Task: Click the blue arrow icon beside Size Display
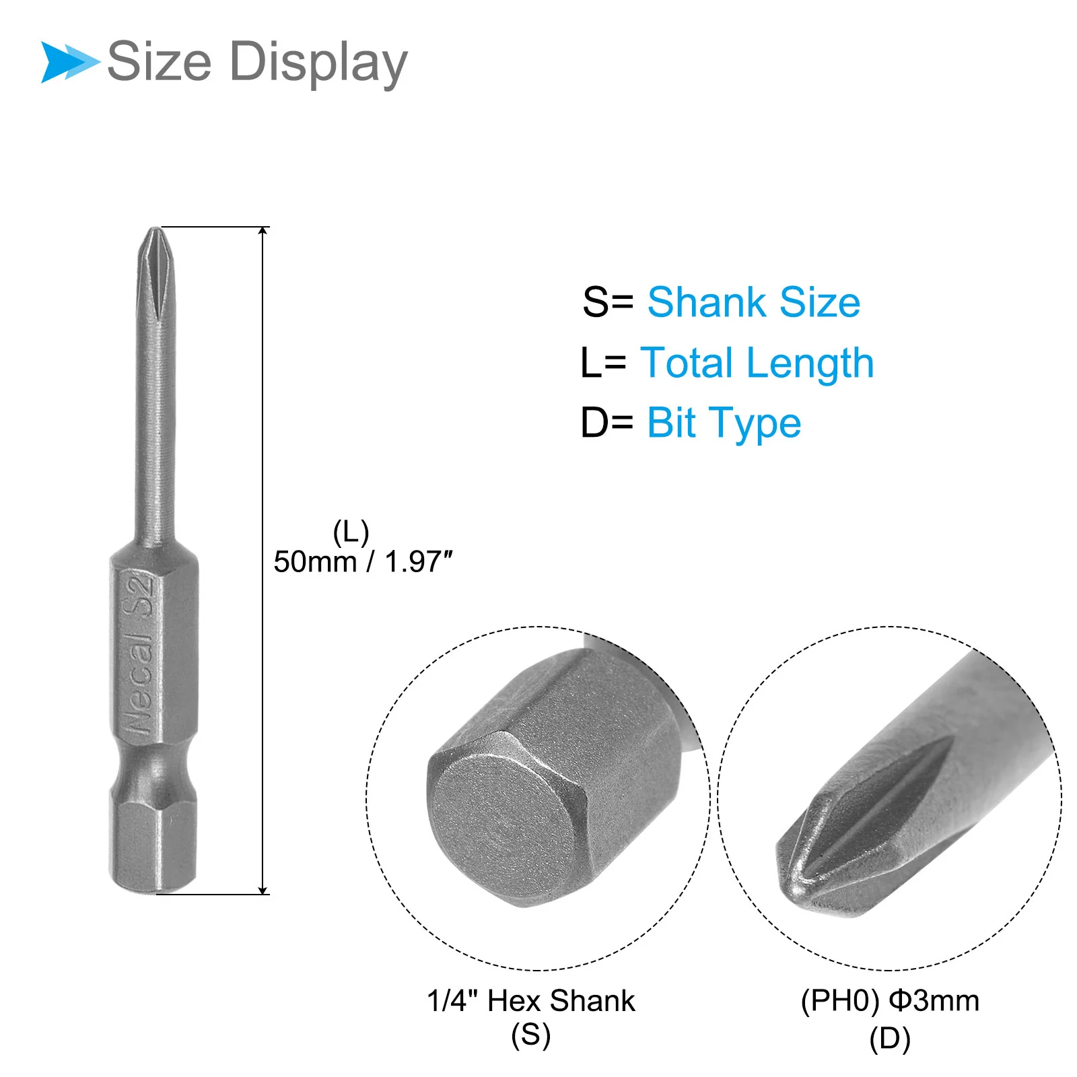click(x=70, y=62)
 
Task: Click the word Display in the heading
click(x=318, y=63)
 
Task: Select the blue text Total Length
click(x=757, y=363)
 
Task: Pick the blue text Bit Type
click(x=724, y=423)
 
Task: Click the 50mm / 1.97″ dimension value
click(x=363, y=561)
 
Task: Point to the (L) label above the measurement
click(x=351, y=532)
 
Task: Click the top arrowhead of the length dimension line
click(x=263, y=232)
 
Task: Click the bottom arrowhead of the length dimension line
click(x=263, y=889)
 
